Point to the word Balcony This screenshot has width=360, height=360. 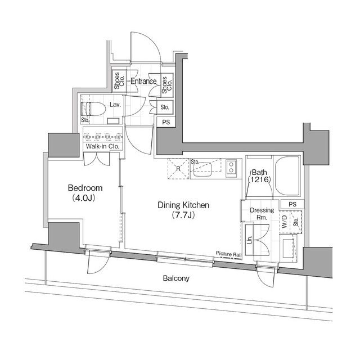pyautogui.click(x=176, y=278)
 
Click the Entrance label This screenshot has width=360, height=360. pyautogui.click(x=143, y=82)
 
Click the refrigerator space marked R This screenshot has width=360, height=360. pyautogui.click(x=178, y=168)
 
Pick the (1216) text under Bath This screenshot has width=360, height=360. pyautogui.click(x=261, y=179)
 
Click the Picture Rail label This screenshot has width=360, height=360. pyautogui.click(x=229, y=254)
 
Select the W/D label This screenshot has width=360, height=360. pyautogui.click(x=285, y=220)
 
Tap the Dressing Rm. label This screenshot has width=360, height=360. pyautogui.click(x=262, y=214)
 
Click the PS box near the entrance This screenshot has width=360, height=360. pyautogui.click(x=166, y=122)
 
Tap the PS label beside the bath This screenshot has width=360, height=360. pyautogui.click(x=291, y=204)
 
